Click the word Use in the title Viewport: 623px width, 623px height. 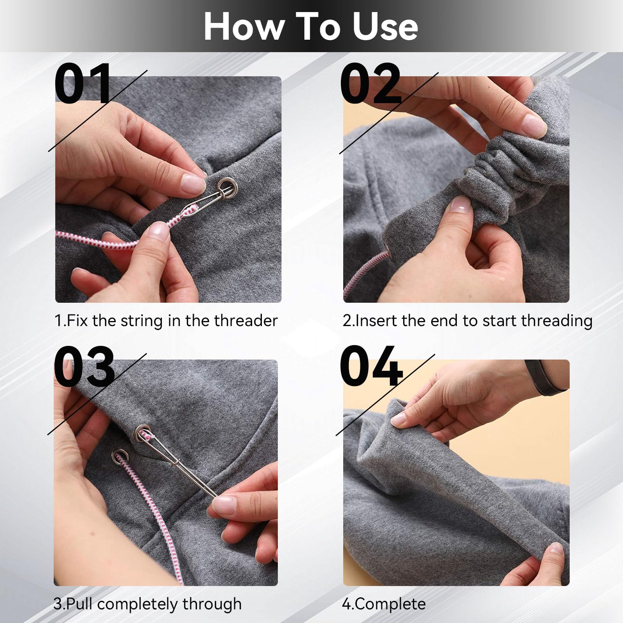click(385, 26)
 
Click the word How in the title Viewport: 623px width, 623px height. click(243, 26)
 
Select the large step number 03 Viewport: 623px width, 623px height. click(84, 366)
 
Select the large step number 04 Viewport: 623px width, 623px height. click(370, 366)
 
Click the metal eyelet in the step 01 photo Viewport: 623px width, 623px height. click(227, 185)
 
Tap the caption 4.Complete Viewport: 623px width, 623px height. click(384, 604)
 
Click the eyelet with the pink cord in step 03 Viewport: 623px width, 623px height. click(118, 455)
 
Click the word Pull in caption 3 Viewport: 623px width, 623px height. click(80, 604)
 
